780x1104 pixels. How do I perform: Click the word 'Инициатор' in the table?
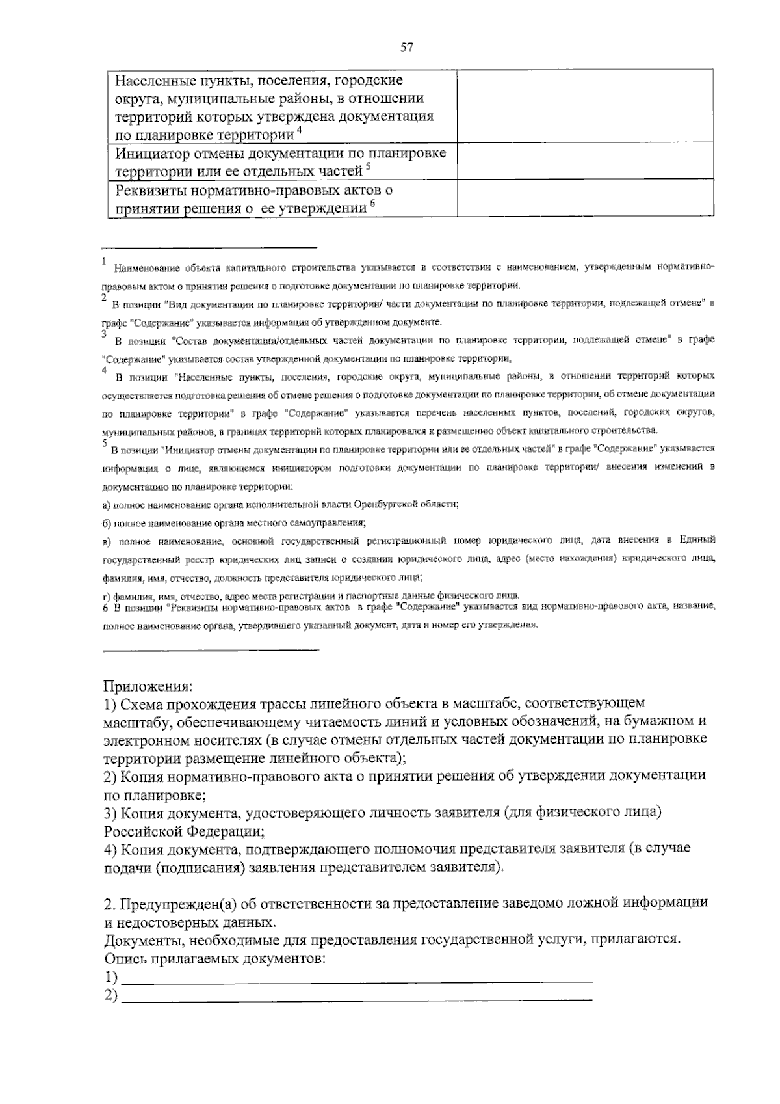click(x=150, y=154)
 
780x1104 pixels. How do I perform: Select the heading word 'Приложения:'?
click(x=148, y=686)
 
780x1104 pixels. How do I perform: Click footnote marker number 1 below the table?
click(x=104, y=261)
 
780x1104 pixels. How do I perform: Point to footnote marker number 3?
click(x=104, y=334)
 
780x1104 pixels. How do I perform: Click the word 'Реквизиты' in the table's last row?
click(x=149, y=191)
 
